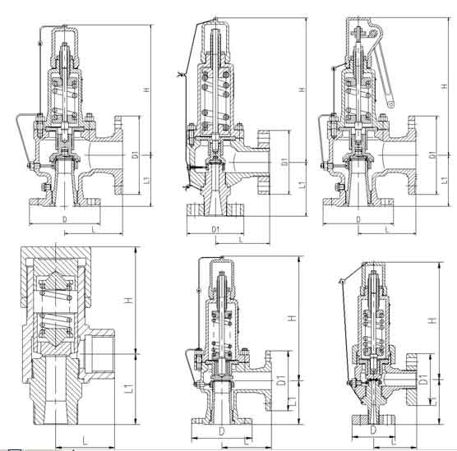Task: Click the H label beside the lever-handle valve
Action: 444,86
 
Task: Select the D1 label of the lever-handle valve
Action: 435,154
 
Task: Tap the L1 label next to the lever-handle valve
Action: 444,180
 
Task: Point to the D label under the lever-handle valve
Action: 358,219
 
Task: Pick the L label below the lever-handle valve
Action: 387,229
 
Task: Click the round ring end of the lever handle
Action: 391,104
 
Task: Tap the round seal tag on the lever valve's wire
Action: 334,68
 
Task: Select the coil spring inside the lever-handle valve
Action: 358,99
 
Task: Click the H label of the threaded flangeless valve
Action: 129,300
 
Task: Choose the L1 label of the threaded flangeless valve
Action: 128,389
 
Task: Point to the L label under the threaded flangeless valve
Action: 85,440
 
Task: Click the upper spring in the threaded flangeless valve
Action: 56,291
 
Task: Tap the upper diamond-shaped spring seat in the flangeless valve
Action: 55,282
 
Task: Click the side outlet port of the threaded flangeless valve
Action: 99,353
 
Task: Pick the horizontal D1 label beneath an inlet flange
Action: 215,229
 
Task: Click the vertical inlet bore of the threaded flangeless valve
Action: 56,389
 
